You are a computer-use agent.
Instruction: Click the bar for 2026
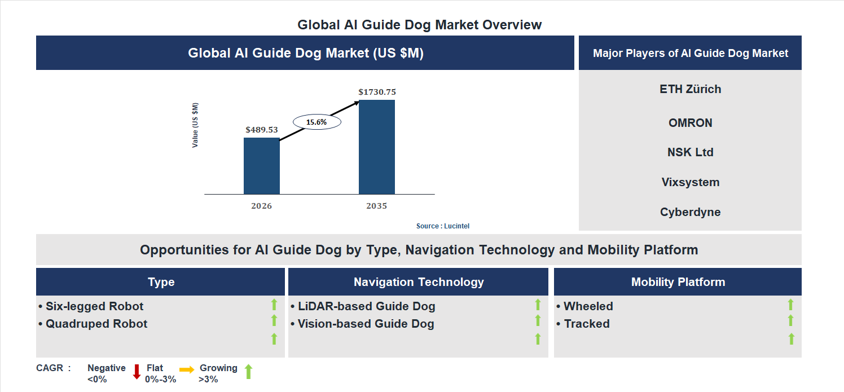pyautogui.click(x=261, y=166)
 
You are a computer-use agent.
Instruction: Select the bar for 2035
pyautogui.click(x=376, y=147)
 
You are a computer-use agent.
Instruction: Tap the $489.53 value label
pyautogui.click(x=262, y=130)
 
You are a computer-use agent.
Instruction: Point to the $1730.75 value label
pyautogui.click(x=377, y=92)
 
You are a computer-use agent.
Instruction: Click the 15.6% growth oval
pyautogui.click(x=316, y=122)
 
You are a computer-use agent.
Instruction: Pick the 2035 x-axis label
pyautogui.click(x=376, y=206)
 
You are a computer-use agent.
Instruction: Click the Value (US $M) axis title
pyautogui.click(x=195, y=125)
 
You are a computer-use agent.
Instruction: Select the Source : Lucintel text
pyautogui.click(x=443, y=226)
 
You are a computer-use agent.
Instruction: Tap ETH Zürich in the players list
pyautogui.click(x=690, y=89)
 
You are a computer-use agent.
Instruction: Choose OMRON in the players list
pyautogui.click(x=690, y=123)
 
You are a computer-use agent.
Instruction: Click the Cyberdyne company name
pyautogui.click(x=690, y=213)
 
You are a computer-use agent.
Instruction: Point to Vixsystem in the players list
pyautogui.click(x=690, y=183)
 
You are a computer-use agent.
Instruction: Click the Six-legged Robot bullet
pyautogui.click(x=91, y=306)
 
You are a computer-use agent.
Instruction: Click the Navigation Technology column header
pyautogui.click(x=419, y=282)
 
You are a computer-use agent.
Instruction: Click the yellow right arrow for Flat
pyautogui.click(x=187, y=369)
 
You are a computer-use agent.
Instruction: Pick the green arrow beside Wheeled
pyautogui.click(x=790, y=305)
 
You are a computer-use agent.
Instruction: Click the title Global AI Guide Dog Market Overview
pyautogui.click(x=420, y=25)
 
